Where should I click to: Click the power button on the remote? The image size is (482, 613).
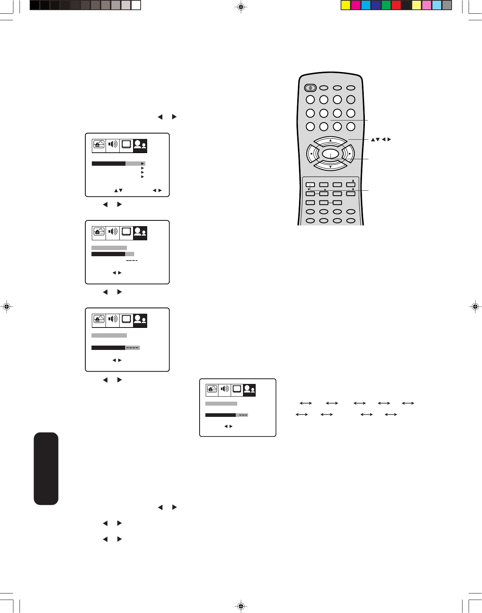[310, 88]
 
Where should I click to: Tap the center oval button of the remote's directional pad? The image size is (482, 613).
[330, 155]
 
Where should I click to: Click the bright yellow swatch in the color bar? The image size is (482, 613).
[346, 5]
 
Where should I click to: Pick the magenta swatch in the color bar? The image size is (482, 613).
[356, 5]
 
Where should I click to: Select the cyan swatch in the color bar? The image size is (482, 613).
[366, 5]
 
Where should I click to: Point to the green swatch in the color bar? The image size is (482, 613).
[386, 5]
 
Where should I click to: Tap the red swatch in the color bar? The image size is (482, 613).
[396, 5]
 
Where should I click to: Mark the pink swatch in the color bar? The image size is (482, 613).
[427, 5]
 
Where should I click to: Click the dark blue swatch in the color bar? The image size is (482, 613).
[376, 5]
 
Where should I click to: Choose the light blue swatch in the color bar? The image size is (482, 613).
[437, 5]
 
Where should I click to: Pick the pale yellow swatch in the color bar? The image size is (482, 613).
[417, 5]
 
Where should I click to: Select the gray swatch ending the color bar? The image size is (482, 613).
[447, 5]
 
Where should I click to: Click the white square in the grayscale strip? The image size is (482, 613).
[136, 5]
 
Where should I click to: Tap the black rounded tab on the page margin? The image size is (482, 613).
[46, 468]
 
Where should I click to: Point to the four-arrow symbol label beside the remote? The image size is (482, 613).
[381, 139]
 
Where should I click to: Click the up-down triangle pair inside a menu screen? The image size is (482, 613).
[118, 190]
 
